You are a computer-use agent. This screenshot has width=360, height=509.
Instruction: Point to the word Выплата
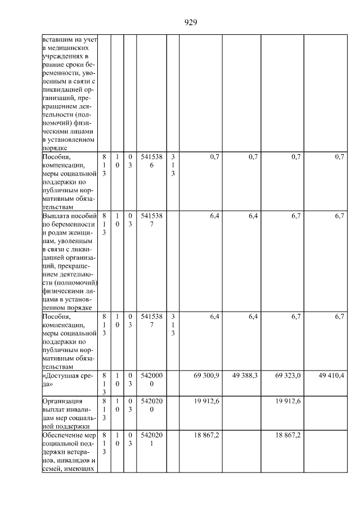[55, 215]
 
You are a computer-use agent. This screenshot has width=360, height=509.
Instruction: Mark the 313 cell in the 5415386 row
[173, 165]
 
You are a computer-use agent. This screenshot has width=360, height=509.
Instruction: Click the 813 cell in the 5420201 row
[104, 444]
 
